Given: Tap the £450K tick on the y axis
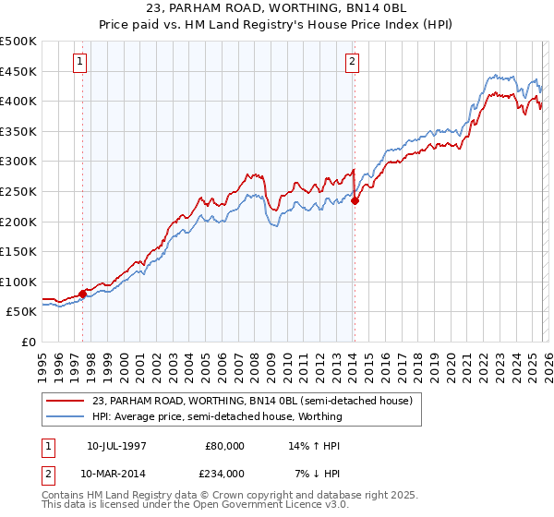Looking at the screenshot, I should pos(18,71).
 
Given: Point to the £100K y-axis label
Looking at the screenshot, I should pos(18,283).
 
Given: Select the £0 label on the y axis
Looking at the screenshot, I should pos(29,343).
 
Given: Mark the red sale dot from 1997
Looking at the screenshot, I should pos(82,295).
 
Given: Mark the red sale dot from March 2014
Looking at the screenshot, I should pos(355,201).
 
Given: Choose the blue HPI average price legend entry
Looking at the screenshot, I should pos(217,416).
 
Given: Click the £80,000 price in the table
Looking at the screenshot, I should pos(224,446).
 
